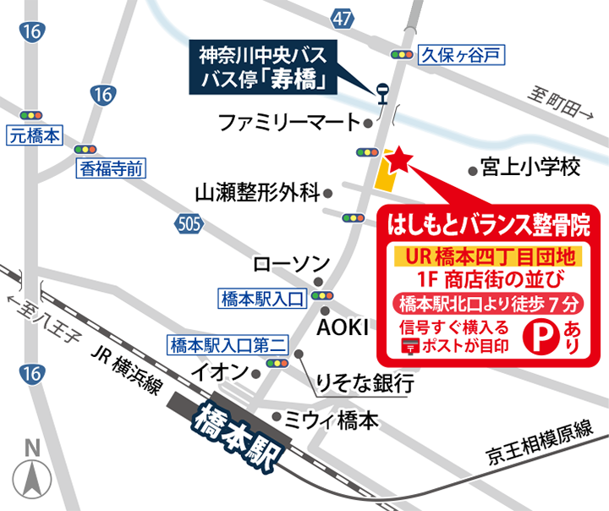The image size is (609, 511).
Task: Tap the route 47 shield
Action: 343,18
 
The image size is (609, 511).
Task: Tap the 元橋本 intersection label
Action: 36,135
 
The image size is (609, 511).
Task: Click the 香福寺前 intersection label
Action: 111,168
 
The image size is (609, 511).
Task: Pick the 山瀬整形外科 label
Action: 255,192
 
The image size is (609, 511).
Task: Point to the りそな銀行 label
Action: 364,382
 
